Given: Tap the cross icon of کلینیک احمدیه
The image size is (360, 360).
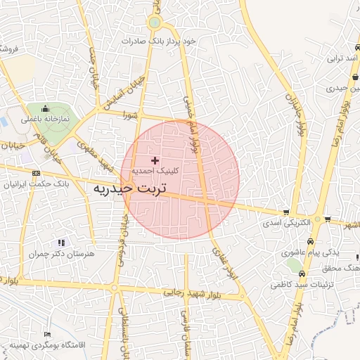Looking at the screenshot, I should pos(155,160).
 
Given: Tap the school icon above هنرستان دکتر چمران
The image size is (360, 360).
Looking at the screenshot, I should pos(60,242).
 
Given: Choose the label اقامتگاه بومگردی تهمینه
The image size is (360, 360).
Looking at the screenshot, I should pos(48,345).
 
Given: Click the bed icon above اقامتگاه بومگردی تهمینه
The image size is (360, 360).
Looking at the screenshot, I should pos(47,334).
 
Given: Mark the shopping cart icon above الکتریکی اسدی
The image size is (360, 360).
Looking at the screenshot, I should pos(286,212).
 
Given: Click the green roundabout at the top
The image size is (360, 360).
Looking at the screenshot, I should pos(154,24).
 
